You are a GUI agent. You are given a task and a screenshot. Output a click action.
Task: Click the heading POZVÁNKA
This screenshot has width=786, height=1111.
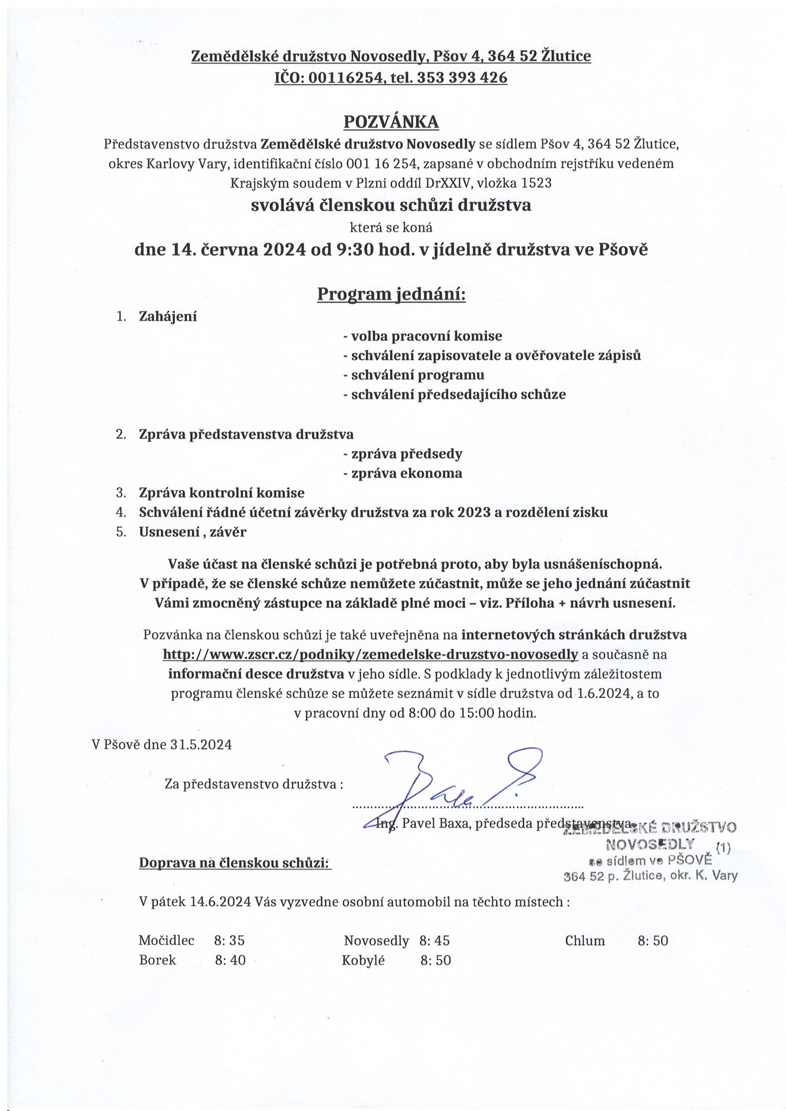(391, 122)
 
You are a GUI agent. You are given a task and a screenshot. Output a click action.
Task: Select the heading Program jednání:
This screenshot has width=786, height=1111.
(391, 294)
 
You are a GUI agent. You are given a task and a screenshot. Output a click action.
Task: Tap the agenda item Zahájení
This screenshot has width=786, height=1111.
(168, 317)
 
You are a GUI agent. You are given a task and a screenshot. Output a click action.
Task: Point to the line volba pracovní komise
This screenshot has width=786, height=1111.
(422, 336)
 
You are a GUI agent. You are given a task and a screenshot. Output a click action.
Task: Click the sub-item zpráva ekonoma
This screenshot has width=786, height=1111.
(403, 474)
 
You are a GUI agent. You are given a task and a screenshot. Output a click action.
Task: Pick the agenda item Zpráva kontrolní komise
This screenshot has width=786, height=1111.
(221, 493)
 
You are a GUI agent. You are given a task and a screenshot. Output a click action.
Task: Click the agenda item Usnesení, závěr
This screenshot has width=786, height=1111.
(192, 532)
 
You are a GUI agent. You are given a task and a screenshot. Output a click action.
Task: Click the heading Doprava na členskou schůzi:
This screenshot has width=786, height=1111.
(235, 863)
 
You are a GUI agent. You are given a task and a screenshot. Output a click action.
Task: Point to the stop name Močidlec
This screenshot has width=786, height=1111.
(166, 941)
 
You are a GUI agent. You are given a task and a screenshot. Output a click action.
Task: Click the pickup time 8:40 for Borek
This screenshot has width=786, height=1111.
(230, 961)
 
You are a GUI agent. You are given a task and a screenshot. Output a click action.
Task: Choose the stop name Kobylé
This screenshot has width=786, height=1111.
(363, 961)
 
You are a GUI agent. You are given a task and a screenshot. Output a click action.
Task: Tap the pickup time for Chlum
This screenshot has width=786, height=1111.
(652, 941)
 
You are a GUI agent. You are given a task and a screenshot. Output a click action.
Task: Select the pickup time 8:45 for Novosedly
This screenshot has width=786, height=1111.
(434, 941)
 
